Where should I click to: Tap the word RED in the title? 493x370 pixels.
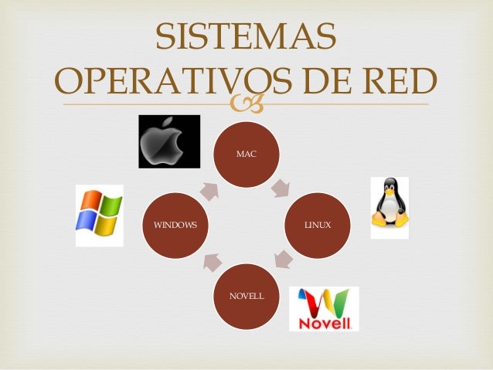click(x=396, y=80)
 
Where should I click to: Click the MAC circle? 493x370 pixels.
click(x=246, y=154)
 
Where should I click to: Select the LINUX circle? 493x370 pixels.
click(x=318, y=225)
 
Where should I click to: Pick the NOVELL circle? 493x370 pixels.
click(x=246, y=296)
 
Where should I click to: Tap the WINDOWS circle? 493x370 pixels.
click(x=175, y=226)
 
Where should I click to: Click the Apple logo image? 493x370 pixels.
click(x=169, y=141)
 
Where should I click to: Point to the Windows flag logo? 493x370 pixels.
click(x=99, y=216)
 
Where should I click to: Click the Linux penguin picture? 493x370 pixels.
click(x=389, y=207)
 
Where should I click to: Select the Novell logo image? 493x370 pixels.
click(x=324, y=308)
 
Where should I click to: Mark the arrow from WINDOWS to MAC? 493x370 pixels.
click(x=210, y=189)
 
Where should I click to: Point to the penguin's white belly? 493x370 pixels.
click(x=389, y=212)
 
